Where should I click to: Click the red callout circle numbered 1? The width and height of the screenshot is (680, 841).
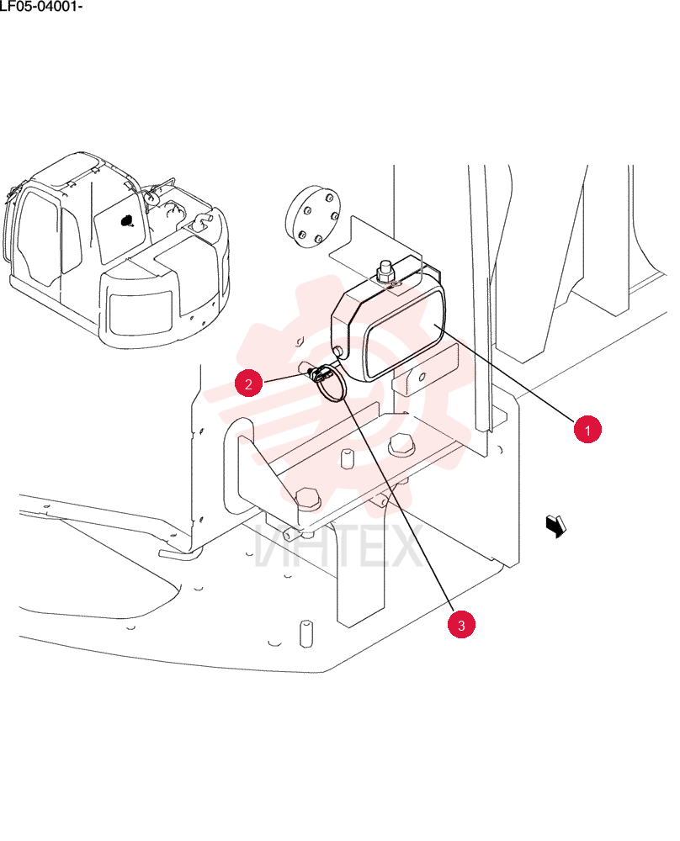point(587,429)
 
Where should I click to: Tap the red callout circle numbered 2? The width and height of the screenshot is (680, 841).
point(248,383)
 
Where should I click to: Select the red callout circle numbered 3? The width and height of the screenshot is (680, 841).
point(461,624)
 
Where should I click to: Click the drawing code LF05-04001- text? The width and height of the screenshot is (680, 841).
point(40,7)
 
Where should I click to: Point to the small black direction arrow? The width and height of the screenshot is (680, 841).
point(556,526)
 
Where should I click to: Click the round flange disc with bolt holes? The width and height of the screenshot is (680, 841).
point(313,217)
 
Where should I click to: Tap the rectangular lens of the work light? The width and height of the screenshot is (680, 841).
point(405,334)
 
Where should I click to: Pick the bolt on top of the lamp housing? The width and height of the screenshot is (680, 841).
point(385,272)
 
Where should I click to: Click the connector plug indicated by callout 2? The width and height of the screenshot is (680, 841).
point(316,373)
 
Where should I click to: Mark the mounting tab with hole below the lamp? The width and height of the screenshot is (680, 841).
point(424,371)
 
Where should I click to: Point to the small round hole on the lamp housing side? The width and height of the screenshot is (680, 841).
point(338,351)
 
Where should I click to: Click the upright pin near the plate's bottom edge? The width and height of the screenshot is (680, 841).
point(305,633)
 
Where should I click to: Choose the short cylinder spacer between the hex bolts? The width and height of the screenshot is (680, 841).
point(348,458)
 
